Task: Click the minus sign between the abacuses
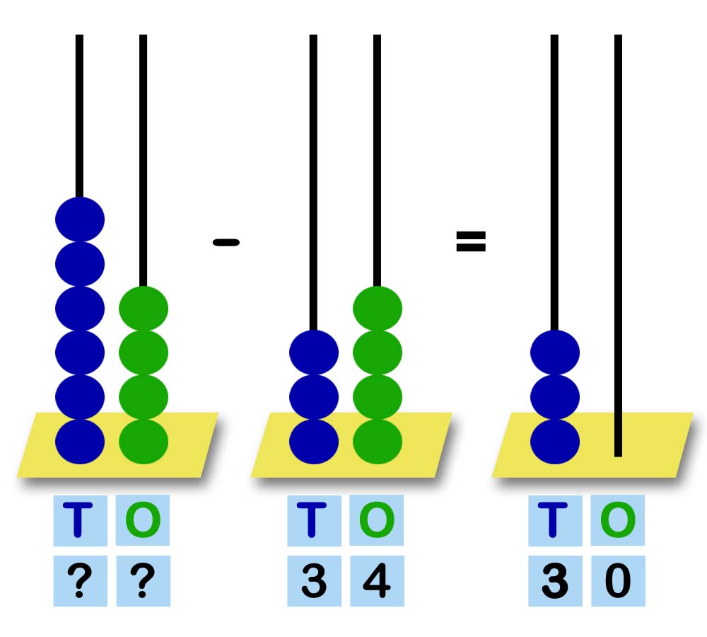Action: (x=226, y=242)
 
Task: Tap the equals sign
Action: (x=471, y=242)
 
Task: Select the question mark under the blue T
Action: (x=80, y=581)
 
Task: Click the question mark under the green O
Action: (x=143, y=581)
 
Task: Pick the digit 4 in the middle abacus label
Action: (x=377, y=581)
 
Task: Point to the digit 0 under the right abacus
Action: (x=618, y=581)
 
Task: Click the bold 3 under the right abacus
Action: (x=555, y=581)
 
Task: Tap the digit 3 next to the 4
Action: (x=314, y=581)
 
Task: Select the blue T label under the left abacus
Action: (x=80, y=520)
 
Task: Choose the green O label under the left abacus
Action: (x=143, y=520)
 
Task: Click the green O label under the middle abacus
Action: (x=377, y=520)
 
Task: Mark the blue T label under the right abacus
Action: (x=555, y=520)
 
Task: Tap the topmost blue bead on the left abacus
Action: (x=80, y=219)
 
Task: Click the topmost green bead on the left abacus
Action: (x=144, y=309)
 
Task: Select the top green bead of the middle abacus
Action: (x=378, y=309)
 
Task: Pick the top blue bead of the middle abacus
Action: (x=314, y=352)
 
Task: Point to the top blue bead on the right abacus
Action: (x=555, y=352)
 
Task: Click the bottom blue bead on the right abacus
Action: (x=555, y=441)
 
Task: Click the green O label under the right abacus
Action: (x=618, y=520)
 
